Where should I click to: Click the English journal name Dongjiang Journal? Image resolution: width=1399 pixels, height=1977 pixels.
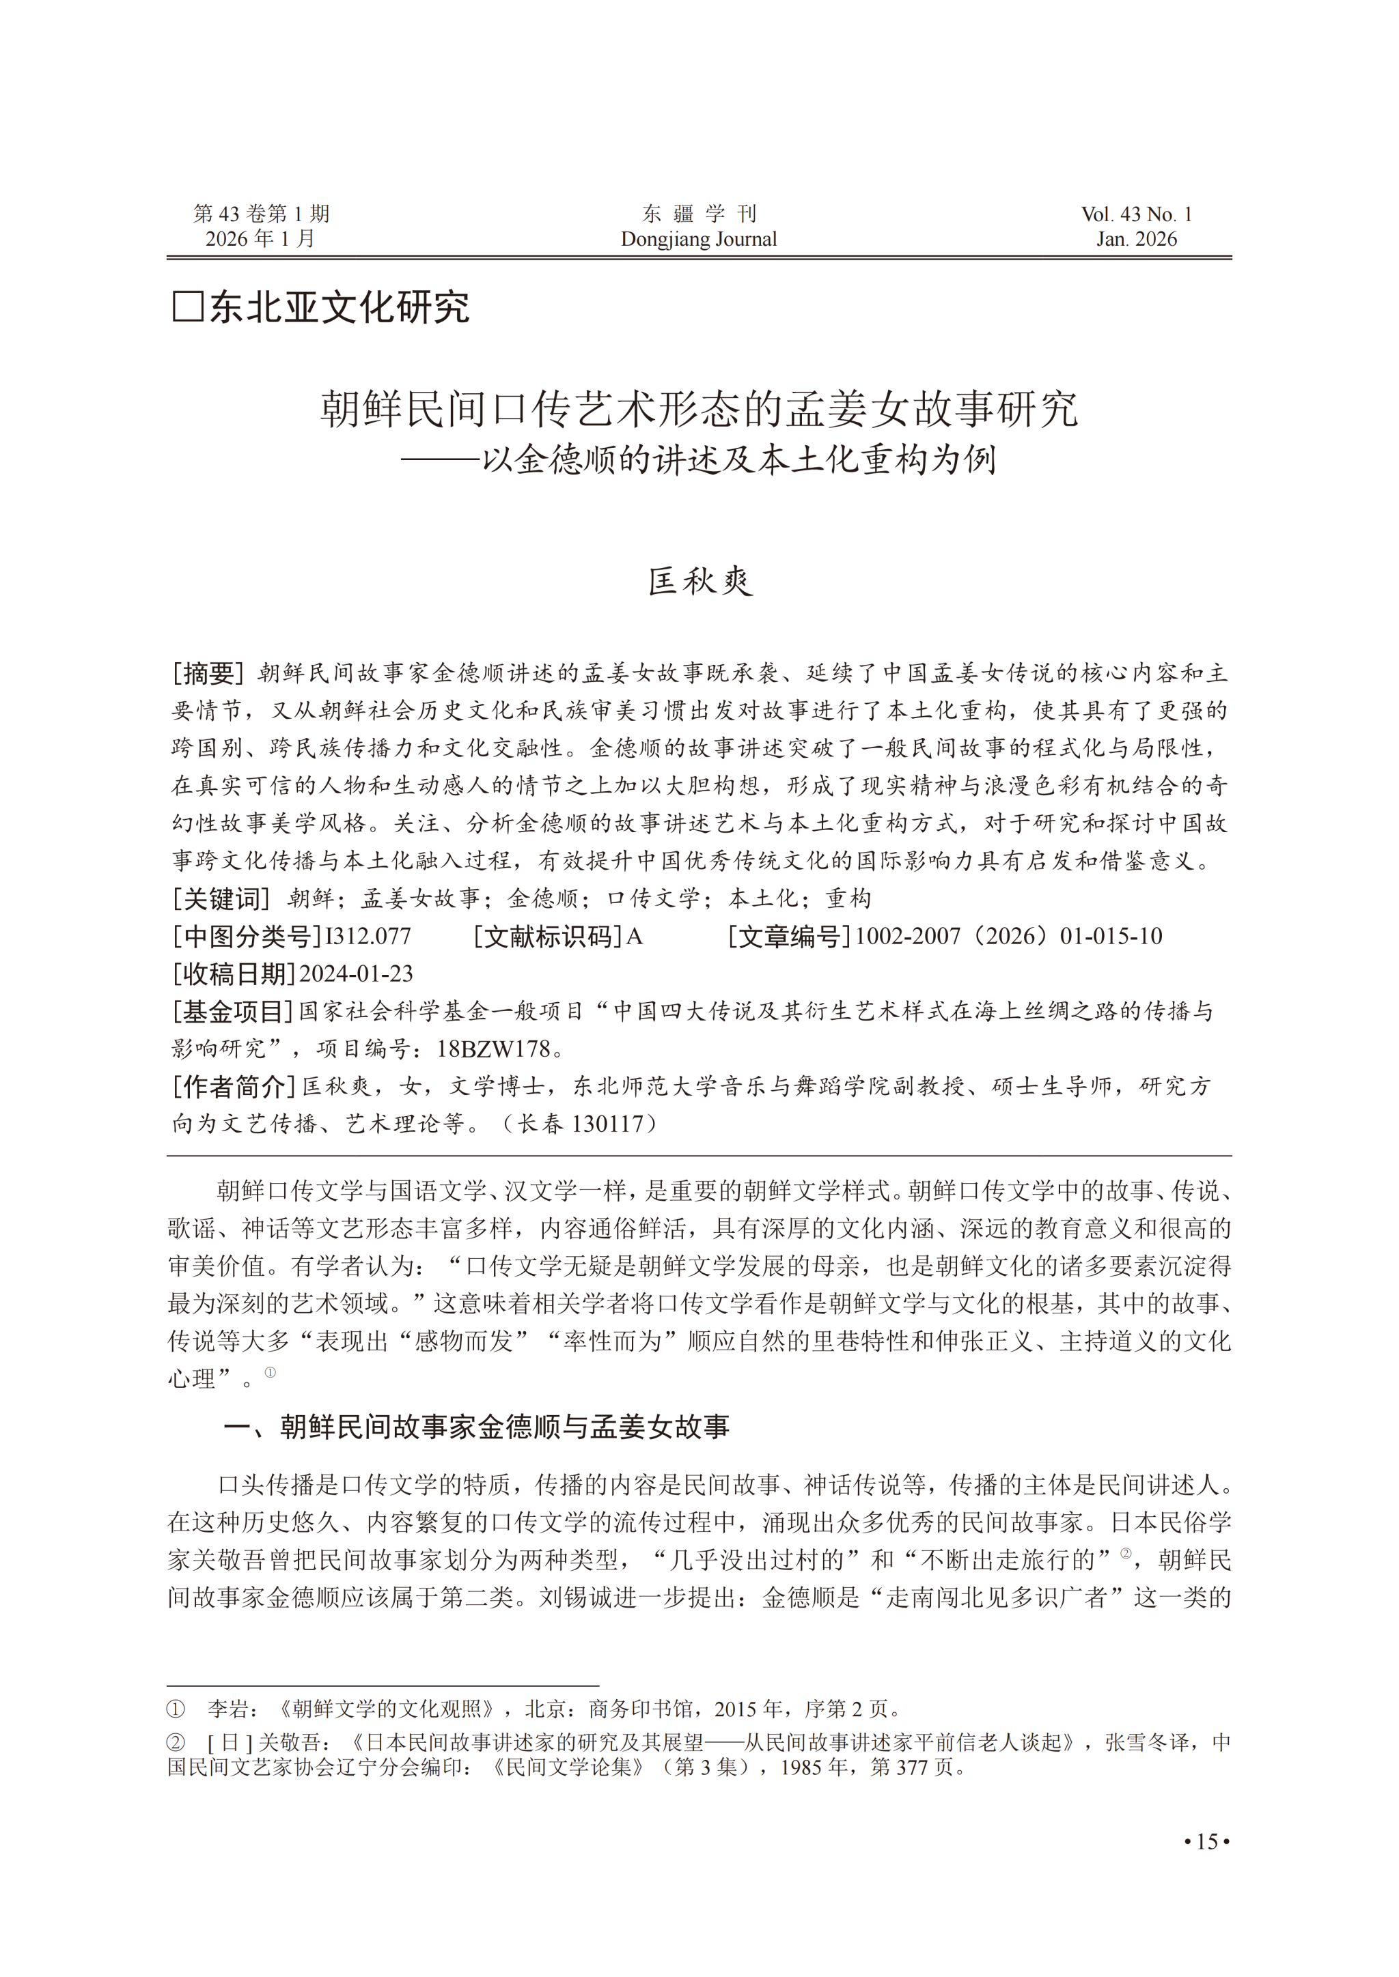699,240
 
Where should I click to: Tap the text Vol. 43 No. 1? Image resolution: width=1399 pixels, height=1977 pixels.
1136,214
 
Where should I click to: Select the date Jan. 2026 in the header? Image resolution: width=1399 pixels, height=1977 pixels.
1136,240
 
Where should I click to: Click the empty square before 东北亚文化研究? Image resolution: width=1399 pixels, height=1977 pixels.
188,307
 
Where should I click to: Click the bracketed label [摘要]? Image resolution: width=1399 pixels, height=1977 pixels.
208,672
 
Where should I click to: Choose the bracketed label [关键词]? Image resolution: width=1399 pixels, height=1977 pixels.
221,899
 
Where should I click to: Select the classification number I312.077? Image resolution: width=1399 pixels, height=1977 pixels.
368,936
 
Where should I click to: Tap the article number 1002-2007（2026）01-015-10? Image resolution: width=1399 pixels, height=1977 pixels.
1008,936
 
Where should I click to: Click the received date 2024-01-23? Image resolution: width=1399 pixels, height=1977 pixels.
356,974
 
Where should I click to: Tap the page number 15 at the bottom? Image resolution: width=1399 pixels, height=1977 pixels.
1207,1842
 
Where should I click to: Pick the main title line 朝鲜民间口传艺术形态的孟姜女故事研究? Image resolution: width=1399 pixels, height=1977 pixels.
699,409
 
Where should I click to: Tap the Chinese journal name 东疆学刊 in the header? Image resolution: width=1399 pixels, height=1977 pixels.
699,214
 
